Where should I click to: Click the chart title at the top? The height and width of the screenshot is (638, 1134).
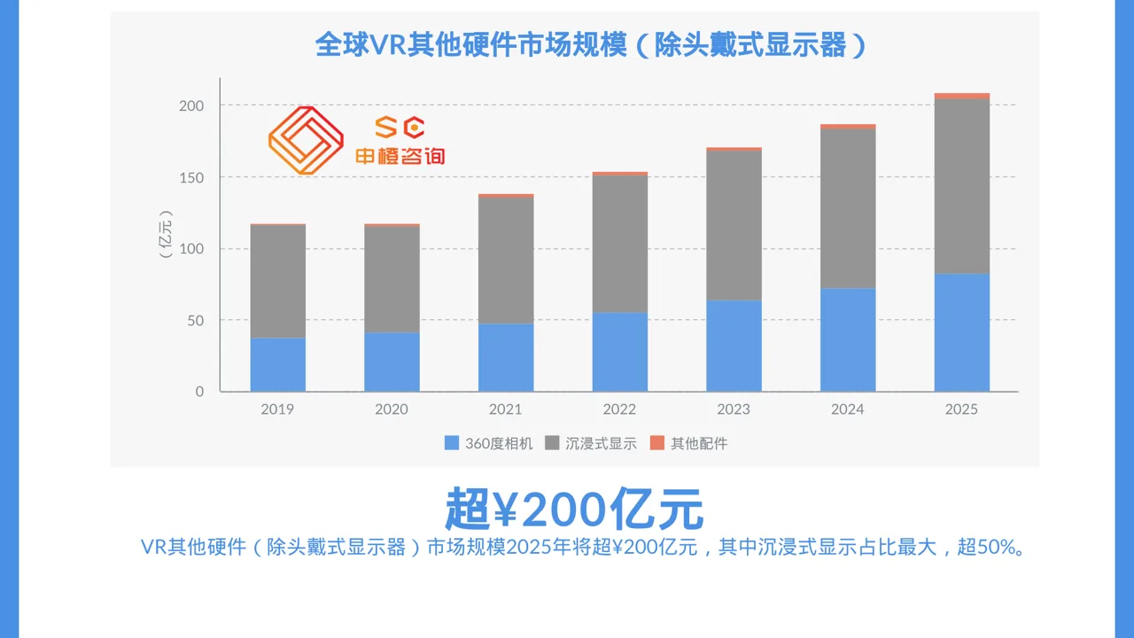tap(591, 44)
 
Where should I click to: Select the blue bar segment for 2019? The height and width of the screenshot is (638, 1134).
tap(278, 364)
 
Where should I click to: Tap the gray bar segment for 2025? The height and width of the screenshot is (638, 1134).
tap(962, 186)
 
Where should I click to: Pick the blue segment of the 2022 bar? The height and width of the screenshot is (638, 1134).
tap(620, 352)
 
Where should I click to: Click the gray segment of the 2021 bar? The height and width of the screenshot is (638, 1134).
tap(506, 261)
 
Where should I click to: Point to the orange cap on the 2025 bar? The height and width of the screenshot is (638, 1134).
tap(962, 96)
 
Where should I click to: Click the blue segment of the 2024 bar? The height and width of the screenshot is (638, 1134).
tap(848, 339)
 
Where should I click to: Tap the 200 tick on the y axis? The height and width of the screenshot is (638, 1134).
tap(191, 105)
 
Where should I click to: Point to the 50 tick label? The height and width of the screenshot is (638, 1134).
tap(196, 321)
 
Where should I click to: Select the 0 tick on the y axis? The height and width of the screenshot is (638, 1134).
tap(199, 392)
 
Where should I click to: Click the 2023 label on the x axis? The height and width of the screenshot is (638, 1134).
tap(734, 409)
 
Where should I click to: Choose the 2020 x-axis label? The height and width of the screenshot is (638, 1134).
tap(392, 409)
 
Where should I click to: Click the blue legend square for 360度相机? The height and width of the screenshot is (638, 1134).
tap(452, 443)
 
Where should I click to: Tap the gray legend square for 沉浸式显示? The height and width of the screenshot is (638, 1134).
tap(552, 443)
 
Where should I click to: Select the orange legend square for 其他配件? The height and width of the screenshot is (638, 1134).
tap(657, 443)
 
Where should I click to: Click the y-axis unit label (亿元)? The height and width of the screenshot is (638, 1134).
tap(166, 234)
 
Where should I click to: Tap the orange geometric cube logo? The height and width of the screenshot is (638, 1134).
tap(306, 140)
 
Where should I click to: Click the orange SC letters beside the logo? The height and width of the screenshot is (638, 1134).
tap(400, 127)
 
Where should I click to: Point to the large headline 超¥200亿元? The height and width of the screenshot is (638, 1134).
tap(574, 509)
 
